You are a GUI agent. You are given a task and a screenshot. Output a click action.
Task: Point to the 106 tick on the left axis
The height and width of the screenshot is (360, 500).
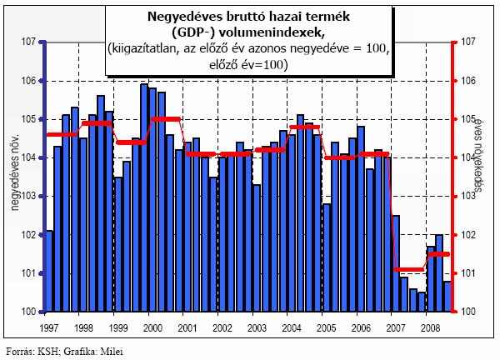(x=27, y=80)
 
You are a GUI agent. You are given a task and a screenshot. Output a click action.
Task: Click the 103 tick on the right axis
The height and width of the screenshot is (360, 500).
(x=467, y=197)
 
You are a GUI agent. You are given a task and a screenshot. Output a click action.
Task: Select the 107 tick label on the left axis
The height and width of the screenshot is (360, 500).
(x=27, y=42)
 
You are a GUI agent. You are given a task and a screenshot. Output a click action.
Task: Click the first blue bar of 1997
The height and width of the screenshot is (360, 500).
(x=49, y=271)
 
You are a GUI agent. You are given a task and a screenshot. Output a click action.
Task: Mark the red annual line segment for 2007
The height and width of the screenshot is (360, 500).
(x=409, y=269)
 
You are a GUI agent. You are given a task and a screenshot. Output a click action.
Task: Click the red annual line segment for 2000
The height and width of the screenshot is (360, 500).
(x=167, y=119)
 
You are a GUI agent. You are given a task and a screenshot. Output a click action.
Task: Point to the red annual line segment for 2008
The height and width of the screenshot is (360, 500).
(x=438, y=254)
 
